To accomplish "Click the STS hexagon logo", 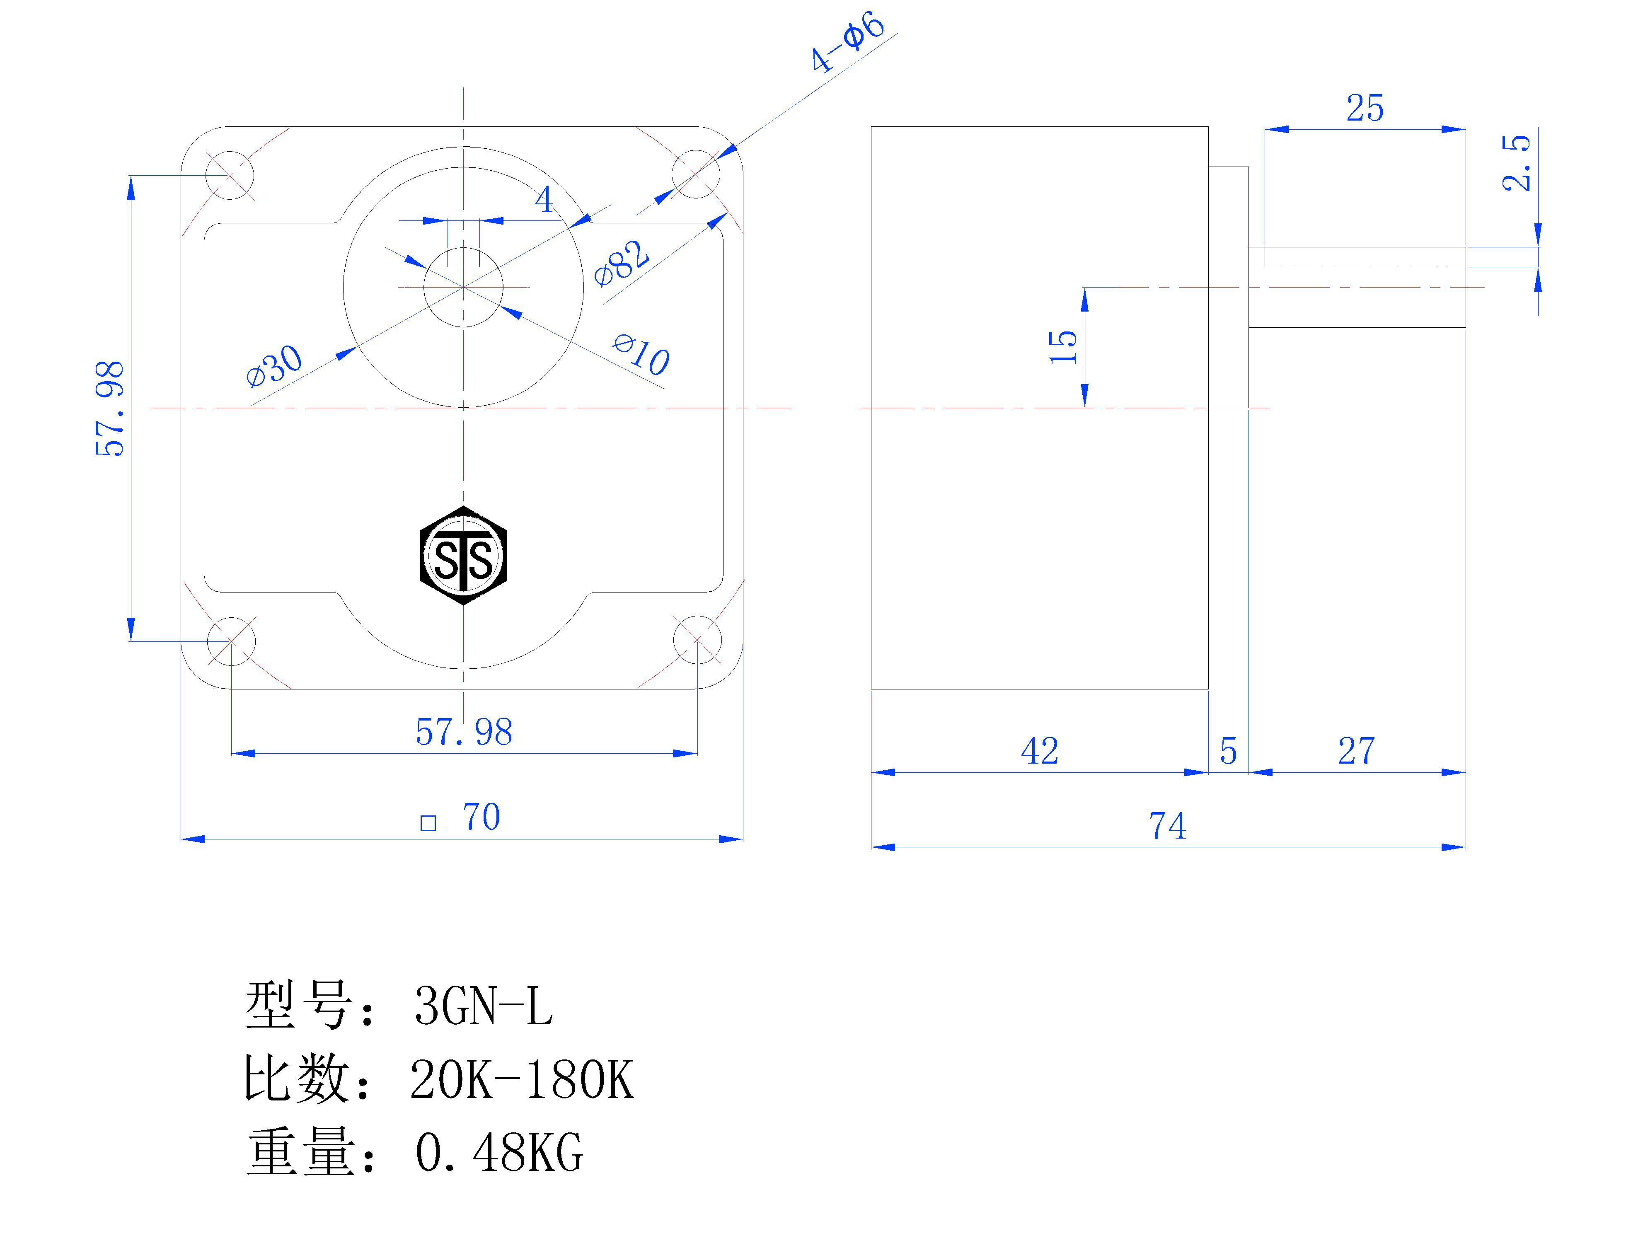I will tap(463, 556).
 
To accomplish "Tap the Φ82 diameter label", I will tap(622, 263).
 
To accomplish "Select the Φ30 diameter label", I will tap(274, 365).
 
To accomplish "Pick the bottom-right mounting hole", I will tap(697, 641).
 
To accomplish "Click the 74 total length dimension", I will tap(1167, 826).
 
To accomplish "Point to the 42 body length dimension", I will tap(1039, 751).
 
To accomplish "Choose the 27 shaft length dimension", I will tap(1356, 751).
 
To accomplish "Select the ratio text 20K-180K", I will tap(522, 1079).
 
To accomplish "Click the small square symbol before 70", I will tap(428, 824).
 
